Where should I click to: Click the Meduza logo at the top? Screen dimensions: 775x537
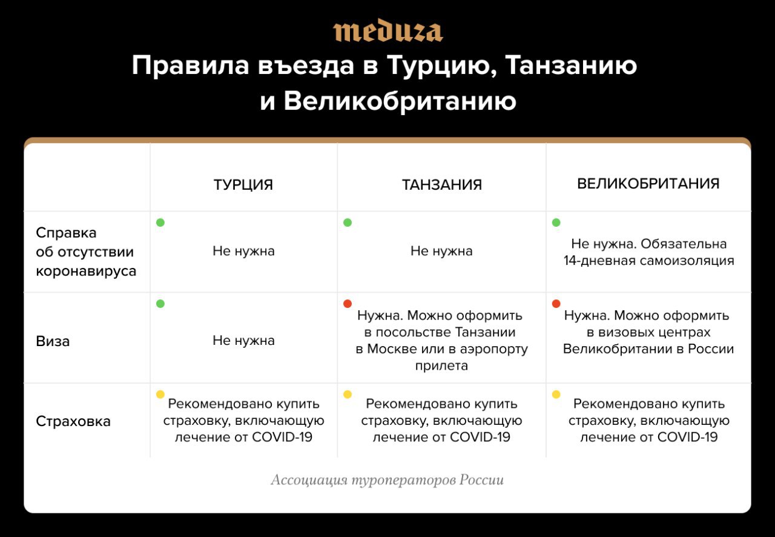388,30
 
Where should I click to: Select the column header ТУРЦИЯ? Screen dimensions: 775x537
243,185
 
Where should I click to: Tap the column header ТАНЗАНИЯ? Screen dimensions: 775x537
442,185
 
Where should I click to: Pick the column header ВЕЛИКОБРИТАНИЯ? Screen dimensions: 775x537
648,184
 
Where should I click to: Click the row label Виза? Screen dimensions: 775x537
53,341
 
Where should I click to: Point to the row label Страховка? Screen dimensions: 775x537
73,421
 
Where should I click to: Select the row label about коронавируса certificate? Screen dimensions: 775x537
86,252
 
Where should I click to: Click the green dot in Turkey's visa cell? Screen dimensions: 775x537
160,304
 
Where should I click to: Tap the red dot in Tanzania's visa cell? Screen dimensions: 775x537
348,304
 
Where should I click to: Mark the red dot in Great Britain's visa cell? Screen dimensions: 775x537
556,304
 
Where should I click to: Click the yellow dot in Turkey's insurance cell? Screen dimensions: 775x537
160,394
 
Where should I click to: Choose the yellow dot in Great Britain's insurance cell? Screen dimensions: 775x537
556,394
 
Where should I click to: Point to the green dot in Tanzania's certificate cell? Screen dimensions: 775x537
348,222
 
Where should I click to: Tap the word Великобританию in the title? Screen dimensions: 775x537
400,102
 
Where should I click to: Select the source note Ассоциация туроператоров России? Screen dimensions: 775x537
387,480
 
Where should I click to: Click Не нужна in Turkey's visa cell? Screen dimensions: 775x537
243,341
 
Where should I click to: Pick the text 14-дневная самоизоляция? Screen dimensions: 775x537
648,261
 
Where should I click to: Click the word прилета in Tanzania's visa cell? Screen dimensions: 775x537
441,366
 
